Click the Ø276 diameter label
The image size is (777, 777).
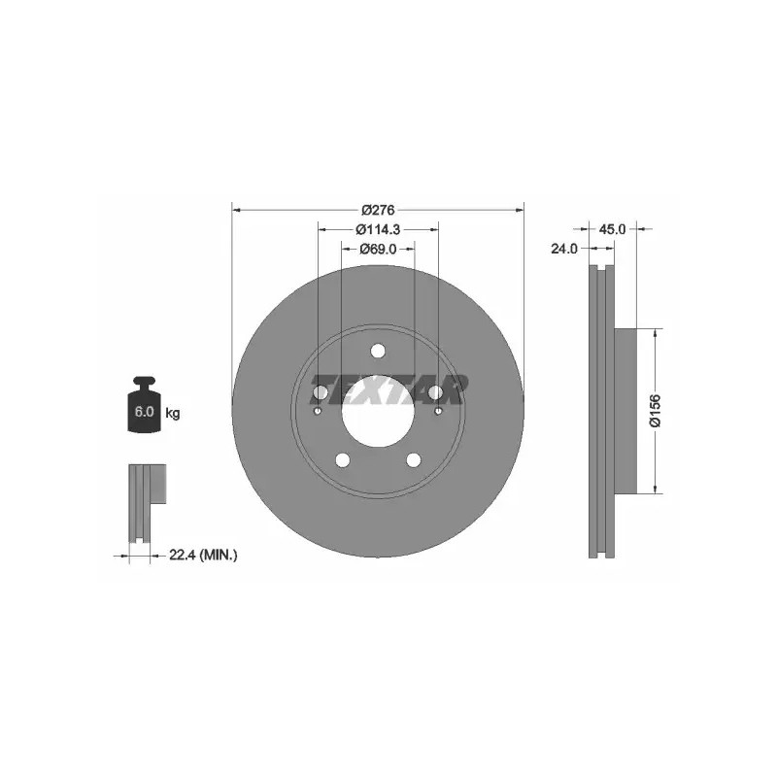[x=378, y=210]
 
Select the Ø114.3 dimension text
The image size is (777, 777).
[x=378, y=229]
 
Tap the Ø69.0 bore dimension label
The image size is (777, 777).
[x=378, y=250]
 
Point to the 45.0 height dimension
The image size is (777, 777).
[x=613, y=229]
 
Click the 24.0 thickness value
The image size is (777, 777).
[x=564, y=249]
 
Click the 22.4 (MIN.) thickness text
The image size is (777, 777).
[x=203, y=556]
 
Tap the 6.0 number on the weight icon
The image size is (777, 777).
[x=144, y=411]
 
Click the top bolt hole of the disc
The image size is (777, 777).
[x=378, y=351]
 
